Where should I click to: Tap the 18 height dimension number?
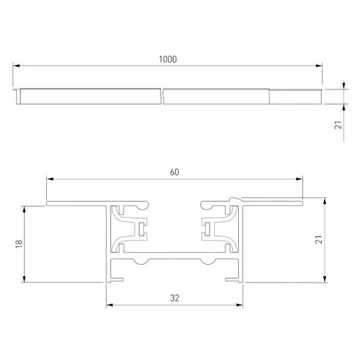(x=18, y=243)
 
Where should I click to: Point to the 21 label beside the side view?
(x=338, y=126)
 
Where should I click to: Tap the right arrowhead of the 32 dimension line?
(x=240, y=306)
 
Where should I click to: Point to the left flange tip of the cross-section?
(x=47, y=204)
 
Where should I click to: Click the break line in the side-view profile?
(x=162, y=96)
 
